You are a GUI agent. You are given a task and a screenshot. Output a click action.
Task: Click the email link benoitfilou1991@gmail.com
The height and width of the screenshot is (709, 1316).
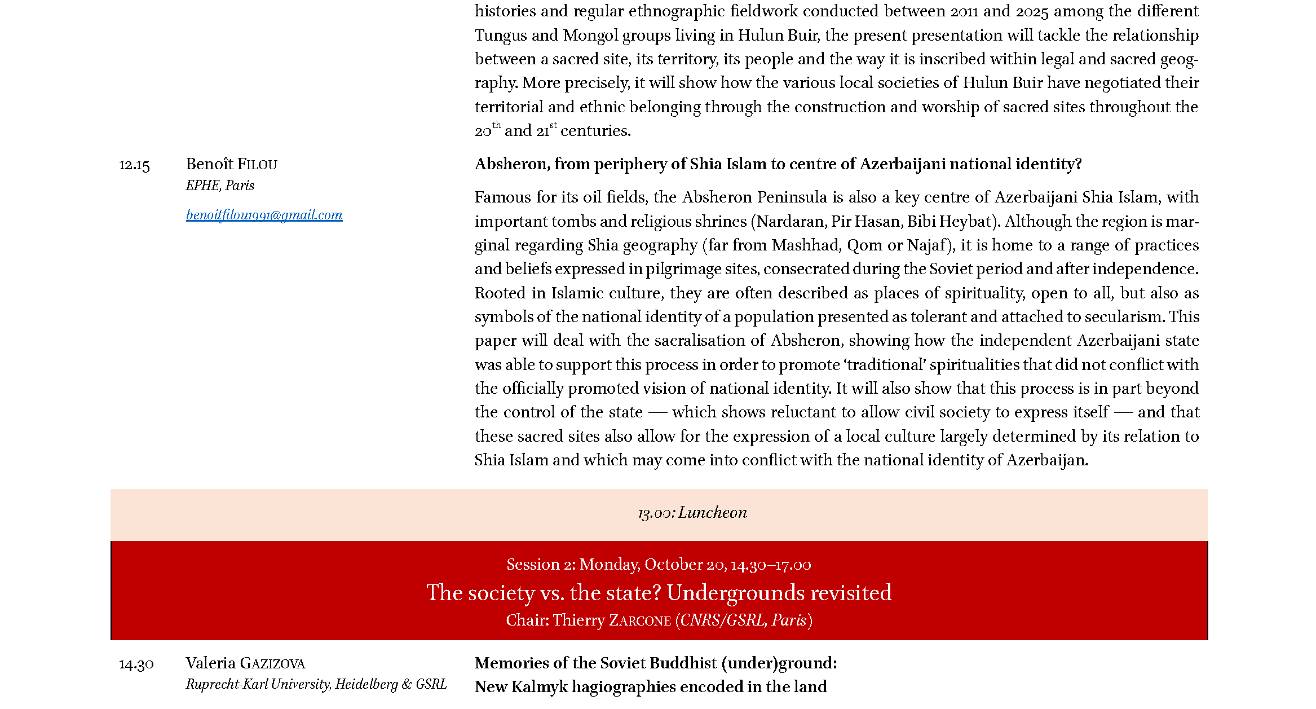(264, 215)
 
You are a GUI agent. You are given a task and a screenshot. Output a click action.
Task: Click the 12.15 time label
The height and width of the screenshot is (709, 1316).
(134, 165)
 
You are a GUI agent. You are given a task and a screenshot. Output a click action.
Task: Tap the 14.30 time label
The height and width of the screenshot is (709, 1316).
(136, 664)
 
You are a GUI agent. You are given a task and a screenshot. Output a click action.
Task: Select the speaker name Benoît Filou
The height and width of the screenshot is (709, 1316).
(231, 164)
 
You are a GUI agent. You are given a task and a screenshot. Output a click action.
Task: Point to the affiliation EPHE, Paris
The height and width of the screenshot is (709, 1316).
(220, 186)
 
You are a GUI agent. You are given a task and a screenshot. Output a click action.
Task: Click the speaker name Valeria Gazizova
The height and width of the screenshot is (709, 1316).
(245, 663)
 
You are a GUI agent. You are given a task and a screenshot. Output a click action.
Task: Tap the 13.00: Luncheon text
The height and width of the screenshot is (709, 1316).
(692, 513)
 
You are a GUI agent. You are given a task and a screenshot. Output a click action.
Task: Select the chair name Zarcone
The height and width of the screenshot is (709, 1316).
(640, 620)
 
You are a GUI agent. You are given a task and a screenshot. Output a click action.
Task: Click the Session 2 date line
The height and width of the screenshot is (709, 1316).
(659, 565)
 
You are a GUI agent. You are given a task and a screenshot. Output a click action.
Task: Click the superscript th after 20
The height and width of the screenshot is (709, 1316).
(496, 125)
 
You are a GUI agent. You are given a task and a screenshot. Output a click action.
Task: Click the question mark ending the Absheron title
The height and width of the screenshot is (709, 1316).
(1078, 164)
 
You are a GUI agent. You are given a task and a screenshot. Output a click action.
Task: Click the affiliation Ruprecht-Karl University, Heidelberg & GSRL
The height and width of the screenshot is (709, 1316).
(316, 684)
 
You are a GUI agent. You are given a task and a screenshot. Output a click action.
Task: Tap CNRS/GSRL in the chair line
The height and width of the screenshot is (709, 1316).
(723, 620)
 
